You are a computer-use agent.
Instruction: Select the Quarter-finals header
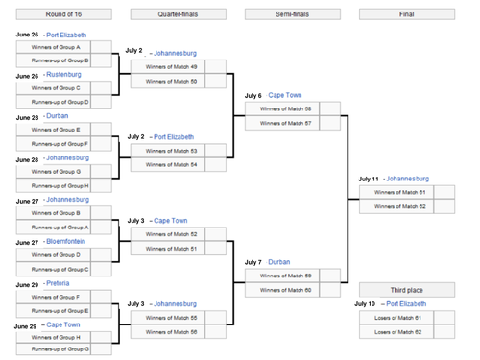[x=178, y=13]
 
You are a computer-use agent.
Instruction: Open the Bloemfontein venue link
[x=72, y=242]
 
